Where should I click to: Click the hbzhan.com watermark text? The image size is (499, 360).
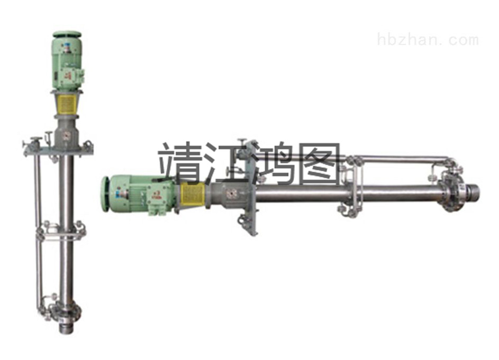(428, 40)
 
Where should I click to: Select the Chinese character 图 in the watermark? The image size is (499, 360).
(321, 163)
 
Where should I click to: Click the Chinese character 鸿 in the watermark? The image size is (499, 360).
(274, 164)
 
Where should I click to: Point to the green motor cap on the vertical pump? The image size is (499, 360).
(67, 34)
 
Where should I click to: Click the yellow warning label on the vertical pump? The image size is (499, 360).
(67, 104)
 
